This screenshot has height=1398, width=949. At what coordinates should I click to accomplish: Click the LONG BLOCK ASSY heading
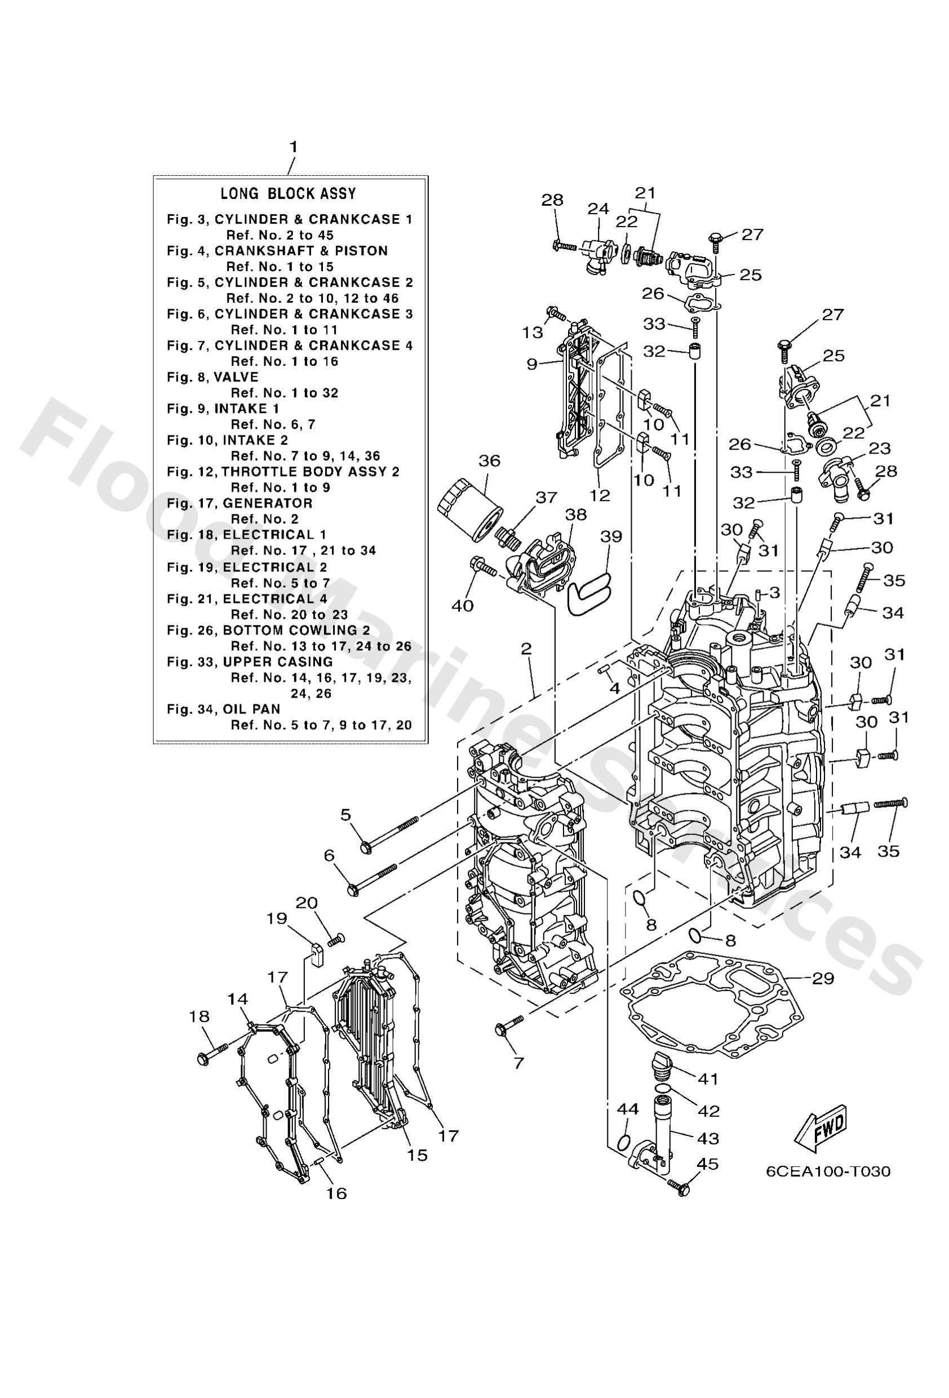click(289, 194)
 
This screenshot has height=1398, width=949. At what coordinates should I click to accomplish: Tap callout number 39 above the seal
click(611, 536)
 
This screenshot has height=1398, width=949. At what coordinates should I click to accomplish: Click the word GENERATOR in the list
click(267, 504)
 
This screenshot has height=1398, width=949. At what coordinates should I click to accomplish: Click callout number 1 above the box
click(292, 147)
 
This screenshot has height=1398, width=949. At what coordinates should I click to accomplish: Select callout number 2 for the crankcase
click(526, 649)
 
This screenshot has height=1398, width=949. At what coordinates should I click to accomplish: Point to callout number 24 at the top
click(597, 208)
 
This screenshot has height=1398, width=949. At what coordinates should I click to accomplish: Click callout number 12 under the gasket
click(600, 495)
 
